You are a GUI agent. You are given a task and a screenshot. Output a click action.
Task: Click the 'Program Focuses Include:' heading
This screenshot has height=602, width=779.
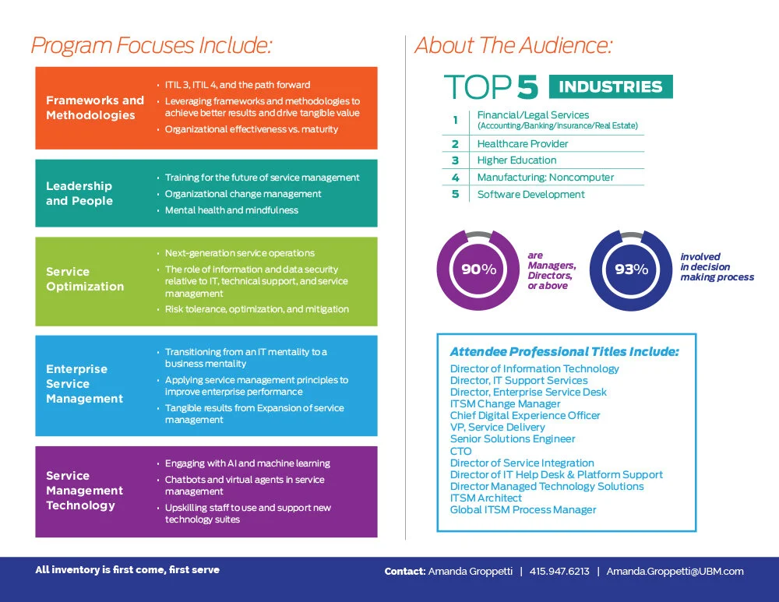pos(151,45)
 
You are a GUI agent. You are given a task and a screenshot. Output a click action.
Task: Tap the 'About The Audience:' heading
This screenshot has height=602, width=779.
pos(513,45)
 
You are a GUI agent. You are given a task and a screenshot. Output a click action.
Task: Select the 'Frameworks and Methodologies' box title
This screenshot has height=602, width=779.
pos(95,107)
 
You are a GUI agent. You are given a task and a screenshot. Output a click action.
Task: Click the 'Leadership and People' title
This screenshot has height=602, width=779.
pos(79,193)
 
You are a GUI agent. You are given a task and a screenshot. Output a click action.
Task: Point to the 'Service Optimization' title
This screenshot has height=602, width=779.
pos(85,279)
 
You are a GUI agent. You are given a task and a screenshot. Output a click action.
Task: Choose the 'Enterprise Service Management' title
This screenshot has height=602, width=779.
pos(84,384)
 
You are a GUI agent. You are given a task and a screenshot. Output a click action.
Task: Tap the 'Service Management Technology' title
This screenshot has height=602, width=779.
pos(84,491)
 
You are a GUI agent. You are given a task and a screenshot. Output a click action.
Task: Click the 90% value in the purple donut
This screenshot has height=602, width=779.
pos(478,269)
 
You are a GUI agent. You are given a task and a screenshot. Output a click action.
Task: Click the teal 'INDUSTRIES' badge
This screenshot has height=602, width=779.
pos(611,86)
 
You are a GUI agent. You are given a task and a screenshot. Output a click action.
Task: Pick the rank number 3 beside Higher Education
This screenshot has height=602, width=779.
pos(456,160)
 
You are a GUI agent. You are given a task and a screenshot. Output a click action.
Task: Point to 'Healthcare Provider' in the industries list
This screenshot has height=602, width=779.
pos(523,144)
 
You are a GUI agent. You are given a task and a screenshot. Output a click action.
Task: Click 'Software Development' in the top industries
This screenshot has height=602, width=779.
pos(530,195)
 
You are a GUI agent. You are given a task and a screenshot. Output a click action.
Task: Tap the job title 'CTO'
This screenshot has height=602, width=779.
pos(460,451)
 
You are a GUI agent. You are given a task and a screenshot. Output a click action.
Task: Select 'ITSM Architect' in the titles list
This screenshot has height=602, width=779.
pos(486,498)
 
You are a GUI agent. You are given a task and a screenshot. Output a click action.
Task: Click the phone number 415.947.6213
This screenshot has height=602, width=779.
pos(559,572)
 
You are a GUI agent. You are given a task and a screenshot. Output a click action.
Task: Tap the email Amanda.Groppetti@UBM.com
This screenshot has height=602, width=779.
pos(675,572)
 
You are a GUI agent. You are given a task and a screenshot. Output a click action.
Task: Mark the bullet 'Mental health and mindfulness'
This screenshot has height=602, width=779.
pos(231,210)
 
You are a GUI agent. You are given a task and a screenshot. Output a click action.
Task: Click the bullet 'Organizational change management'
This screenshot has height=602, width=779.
pos(243,194)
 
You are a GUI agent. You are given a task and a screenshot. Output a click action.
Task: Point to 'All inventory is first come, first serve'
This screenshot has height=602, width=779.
pos(127,570)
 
